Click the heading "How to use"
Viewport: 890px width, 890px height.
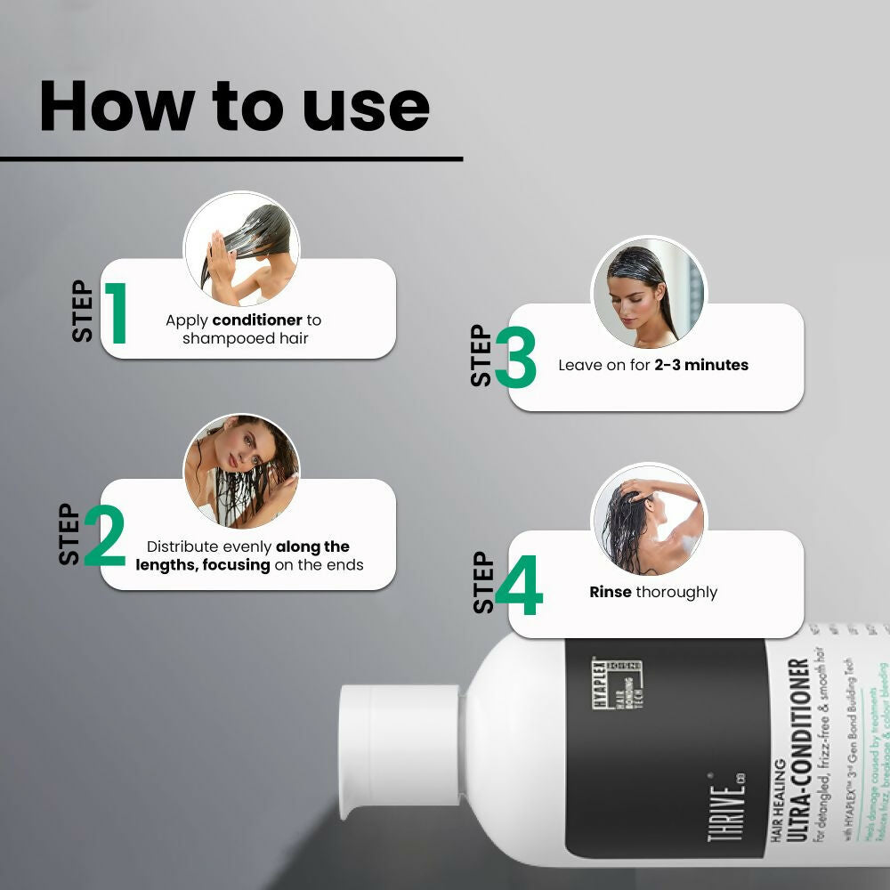(x=234, y=106)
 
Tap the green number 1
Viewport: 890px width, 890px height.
(x=116, y=313)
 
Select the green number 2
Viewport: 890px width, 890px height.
(x=105, y=535)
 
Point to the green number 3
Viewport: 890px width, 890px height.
(x=515, y=358)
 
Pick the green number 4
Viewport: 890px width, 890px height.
(x=518, y=586)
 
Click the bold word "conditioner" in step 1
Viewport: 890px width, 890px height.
(x=257, y=320)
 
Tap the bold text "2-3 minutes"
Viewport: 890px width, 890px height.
(x=701, y=365)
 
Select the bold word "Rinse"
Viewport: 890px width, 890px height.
(x=611, y=592)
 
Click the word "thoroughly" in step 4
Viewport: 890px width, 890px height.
(x=676, y=592)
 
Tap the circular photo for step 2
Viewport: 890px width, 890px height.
(x=242, y=471)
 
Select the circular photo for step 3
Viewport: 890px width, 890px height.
(x=650, y=293)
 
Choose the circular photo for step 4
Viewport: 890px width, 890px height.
(x=650, y=520)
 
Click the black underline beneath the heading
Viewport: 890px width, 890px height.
(x=231, y=159)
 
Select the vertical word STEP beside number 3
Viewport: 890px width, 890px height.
(x=481, y=356)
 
